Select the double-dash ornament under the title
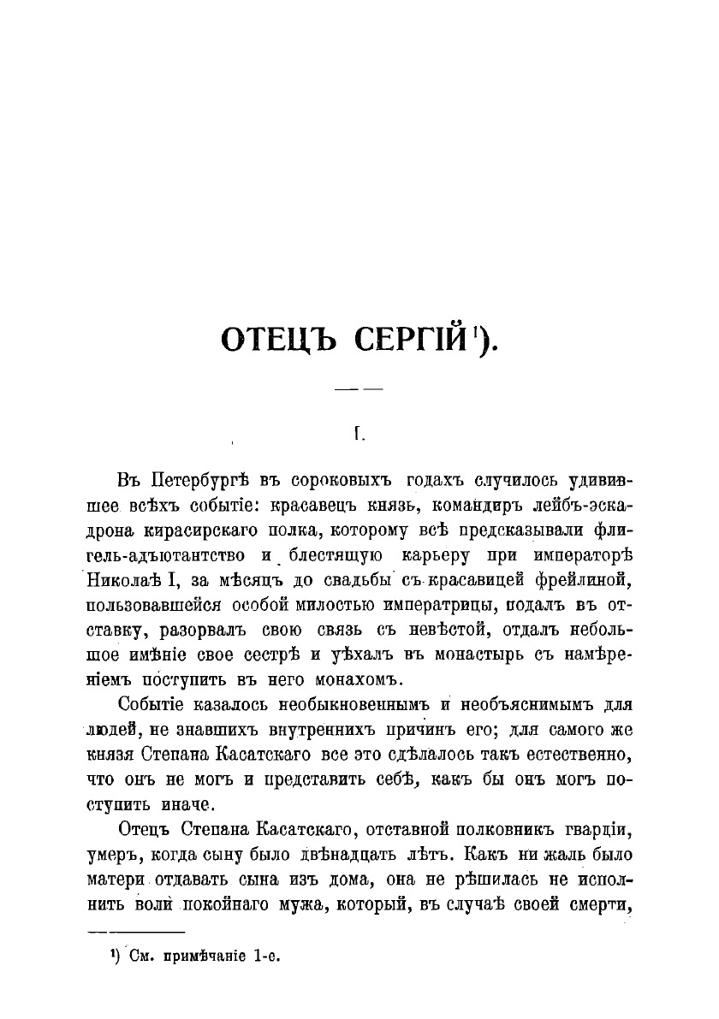(x=358, y=389)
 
